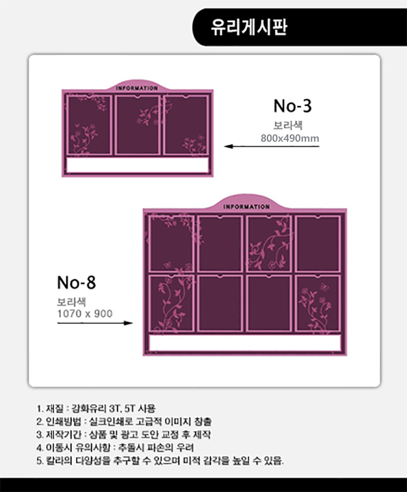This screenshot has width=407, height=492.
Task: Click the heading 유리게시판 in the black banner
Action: [249, 27]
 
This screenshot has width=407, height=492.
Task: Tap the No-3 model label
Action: [293, 106]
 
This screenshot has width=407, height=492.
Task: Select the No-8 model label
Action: [76, 282]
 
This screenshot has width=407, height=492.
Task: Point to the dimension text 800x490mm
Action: [290, 138]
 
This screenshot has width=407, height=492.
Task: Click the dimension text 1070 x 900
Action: [85, 313]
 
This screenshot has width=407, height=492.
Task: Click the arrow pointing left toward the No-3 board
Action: [272, 146]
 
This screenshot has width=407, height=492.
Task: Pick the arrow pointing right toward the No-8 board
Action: [95, 323]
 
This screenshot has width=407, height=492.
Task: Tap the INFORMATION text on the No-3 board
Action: [137, 88]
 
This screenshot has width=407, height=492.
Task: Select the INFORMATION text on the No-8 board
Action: [246, 207]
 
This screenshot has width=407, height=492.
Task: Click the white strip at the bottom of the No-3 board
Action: [138, 165]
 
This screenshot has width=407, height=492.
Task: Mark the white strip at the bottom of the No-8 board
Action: [245, 343]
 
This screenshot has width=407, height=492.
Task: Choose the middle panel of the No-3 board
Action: [137, 125]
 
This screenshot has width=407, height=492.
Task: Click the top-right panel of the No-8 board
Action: [318, 243]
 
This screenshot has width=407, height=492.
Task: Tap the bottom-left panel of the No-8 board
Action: [171, 303]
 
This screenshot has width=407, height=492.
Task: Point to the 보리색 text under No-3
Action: [288, 126]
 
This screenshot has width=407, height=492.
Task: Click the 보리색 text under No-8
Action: [71, 302]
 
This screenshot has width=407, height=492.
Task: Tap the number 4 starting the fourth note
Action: [39, 448]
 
